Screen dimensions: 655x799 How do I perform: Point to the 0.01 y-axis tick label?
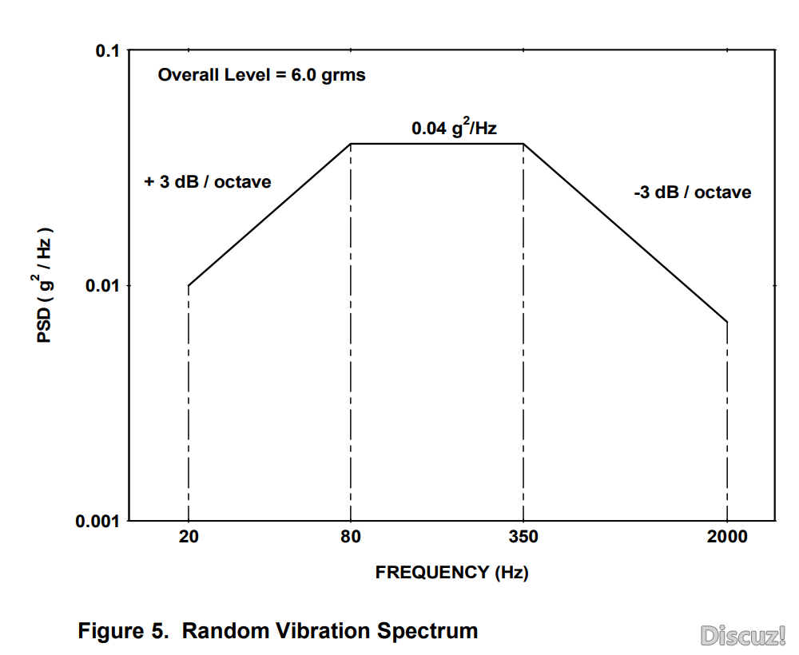[101, 286]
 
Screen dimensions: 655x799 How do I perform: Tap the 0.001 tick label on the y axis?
[97, 522]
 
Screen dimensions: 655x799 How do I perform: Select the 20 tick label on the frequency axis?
[189, 537]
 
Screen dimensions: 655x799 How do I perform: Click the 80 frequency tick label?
[351, 537]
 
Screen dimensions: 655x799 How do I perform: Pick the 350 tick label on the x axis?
[523, 537]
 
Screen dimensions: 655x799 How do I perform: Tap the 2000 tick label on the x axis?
[727, 537]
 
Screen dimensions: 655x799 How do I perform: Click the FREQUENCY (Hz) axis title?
[452, 573]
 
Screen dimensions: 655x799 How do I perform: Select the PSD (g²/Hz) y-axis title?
[45, 286]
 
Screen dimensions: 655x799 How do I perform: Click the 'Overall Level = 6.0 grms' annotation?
[261, 76]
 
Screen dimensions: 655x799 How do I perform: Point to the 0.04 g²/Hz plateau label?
[455, 128]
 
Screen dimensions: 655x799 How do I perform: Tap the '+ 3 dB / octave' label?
[208, 182]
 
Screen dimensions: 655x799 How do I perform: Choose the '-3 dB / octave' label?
[693, 193]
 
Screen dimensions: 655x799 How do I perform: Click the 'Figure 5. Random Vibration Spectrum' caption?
[278, 631]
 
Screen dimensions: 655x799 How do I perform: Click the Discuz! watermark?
[743, 635]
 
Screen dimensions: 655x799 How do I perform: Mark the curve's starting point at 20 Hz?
[189, 285]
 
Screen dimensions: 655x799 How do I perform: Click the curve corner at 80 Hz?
[351, 144]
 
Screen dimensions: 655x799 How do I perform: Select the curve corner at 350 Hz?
[523, 144]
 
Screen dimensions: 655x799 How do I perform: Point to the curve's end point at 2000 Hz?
[727, 322]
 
